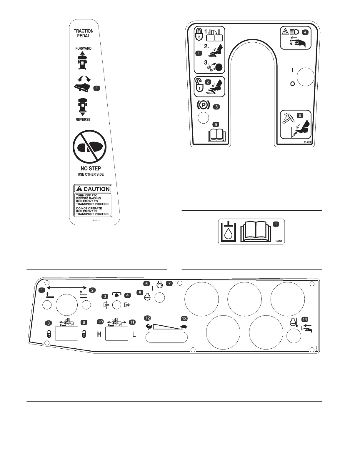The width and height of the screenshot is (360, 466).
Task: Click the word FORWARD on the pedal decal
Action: click(x=83, y=48)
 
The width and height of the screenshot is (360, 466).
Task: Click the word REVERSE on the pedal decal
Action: click(x=83, y=119)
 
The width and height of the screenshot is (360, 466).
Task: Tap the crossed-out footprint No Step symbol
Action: click(x=89, y=147)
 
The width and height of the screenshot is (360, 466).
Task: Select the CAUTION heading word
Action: click(x=96, y=189)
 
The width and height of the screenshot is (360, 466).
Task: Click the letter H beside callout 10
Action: click(x=99, y=334)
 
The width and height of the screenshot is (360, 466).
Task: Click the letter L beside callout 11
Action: click(x=134, y=334)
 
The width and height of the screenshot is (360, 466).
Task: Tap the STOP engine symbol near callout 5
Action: click(x=147, y=297)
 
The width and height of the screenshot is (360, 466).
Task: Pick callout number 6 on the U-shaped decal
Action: click(x=300, y=115)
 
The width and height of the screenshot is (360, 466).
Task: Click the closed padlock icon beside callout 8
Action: click(x=49, y=334)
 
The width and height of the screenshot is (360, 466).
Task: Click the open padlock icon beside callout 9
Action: click(x=84, y=334)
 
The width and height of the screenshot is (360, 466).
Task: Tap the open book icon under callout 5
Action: click(x=216, y=136)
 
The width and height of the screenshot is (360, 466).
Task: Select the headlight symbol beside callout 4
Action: click(x=294, y=32)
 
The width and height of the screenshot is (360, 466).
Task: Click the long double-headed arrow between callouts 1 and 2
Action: click(x=67, y=287)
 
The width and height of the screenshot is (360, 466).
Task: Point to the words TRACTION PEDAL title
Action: click(x=84, y=33)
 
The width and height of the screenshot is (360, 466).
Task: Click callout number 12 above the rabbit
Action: click(x=147, y=318)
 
